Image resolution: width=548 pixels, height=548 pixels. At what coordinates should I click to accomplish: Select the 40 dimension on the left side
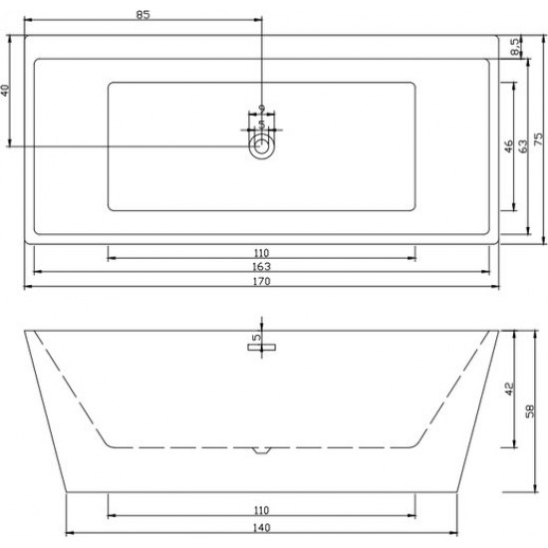[6, 91]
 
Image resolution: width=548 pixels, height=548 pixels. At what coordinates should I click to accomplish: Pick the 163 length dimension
[262, 267]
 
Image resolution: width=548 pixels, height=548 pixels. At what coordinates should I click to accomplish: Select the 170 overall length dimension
[262, 282]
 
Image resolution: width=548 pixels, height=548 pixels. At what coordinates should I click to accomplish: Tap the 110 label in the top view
[262, 253]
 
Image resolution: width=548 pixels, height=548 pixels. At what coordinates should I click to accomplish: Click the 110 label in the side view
[262, 509]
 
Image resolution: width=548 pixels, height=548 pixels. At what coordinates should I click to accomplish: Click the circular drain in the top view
[261, 148]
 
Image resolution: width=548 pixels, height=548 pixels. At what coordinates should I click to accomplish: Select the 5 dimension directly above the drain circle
[261, 125]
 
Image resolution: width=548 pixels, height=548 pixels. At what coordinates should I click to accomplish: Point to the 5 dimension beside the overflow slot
[256, 338]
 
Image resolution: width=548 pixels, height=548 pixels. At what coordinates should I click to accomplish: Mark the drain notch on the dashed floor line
[261, 450]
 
